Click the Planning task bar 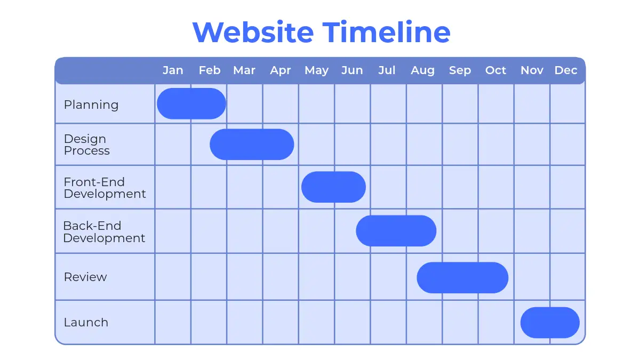point(191,103)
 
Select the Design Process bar point(252,145)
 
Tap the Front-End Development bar point(333,187)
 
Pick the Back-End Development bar point(396,231)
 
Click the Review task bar point(462,278)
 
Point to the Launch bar point(550,323)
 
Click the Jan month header point(173,70)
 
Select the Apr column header point(281,70)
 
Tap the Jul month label point(387,70)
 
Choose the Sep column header point(460,70)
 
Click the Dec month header point(566,70)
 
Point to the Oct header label point(495,70)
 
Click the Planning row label point(91,105)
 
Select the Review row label point(85,277)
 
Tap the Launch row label point(86,323)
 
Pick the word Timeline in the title point(387,31)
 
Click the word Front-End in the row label point(94,182)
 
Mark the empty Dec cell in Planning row point(567,103)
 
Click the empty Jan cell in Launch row point(173,322)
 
